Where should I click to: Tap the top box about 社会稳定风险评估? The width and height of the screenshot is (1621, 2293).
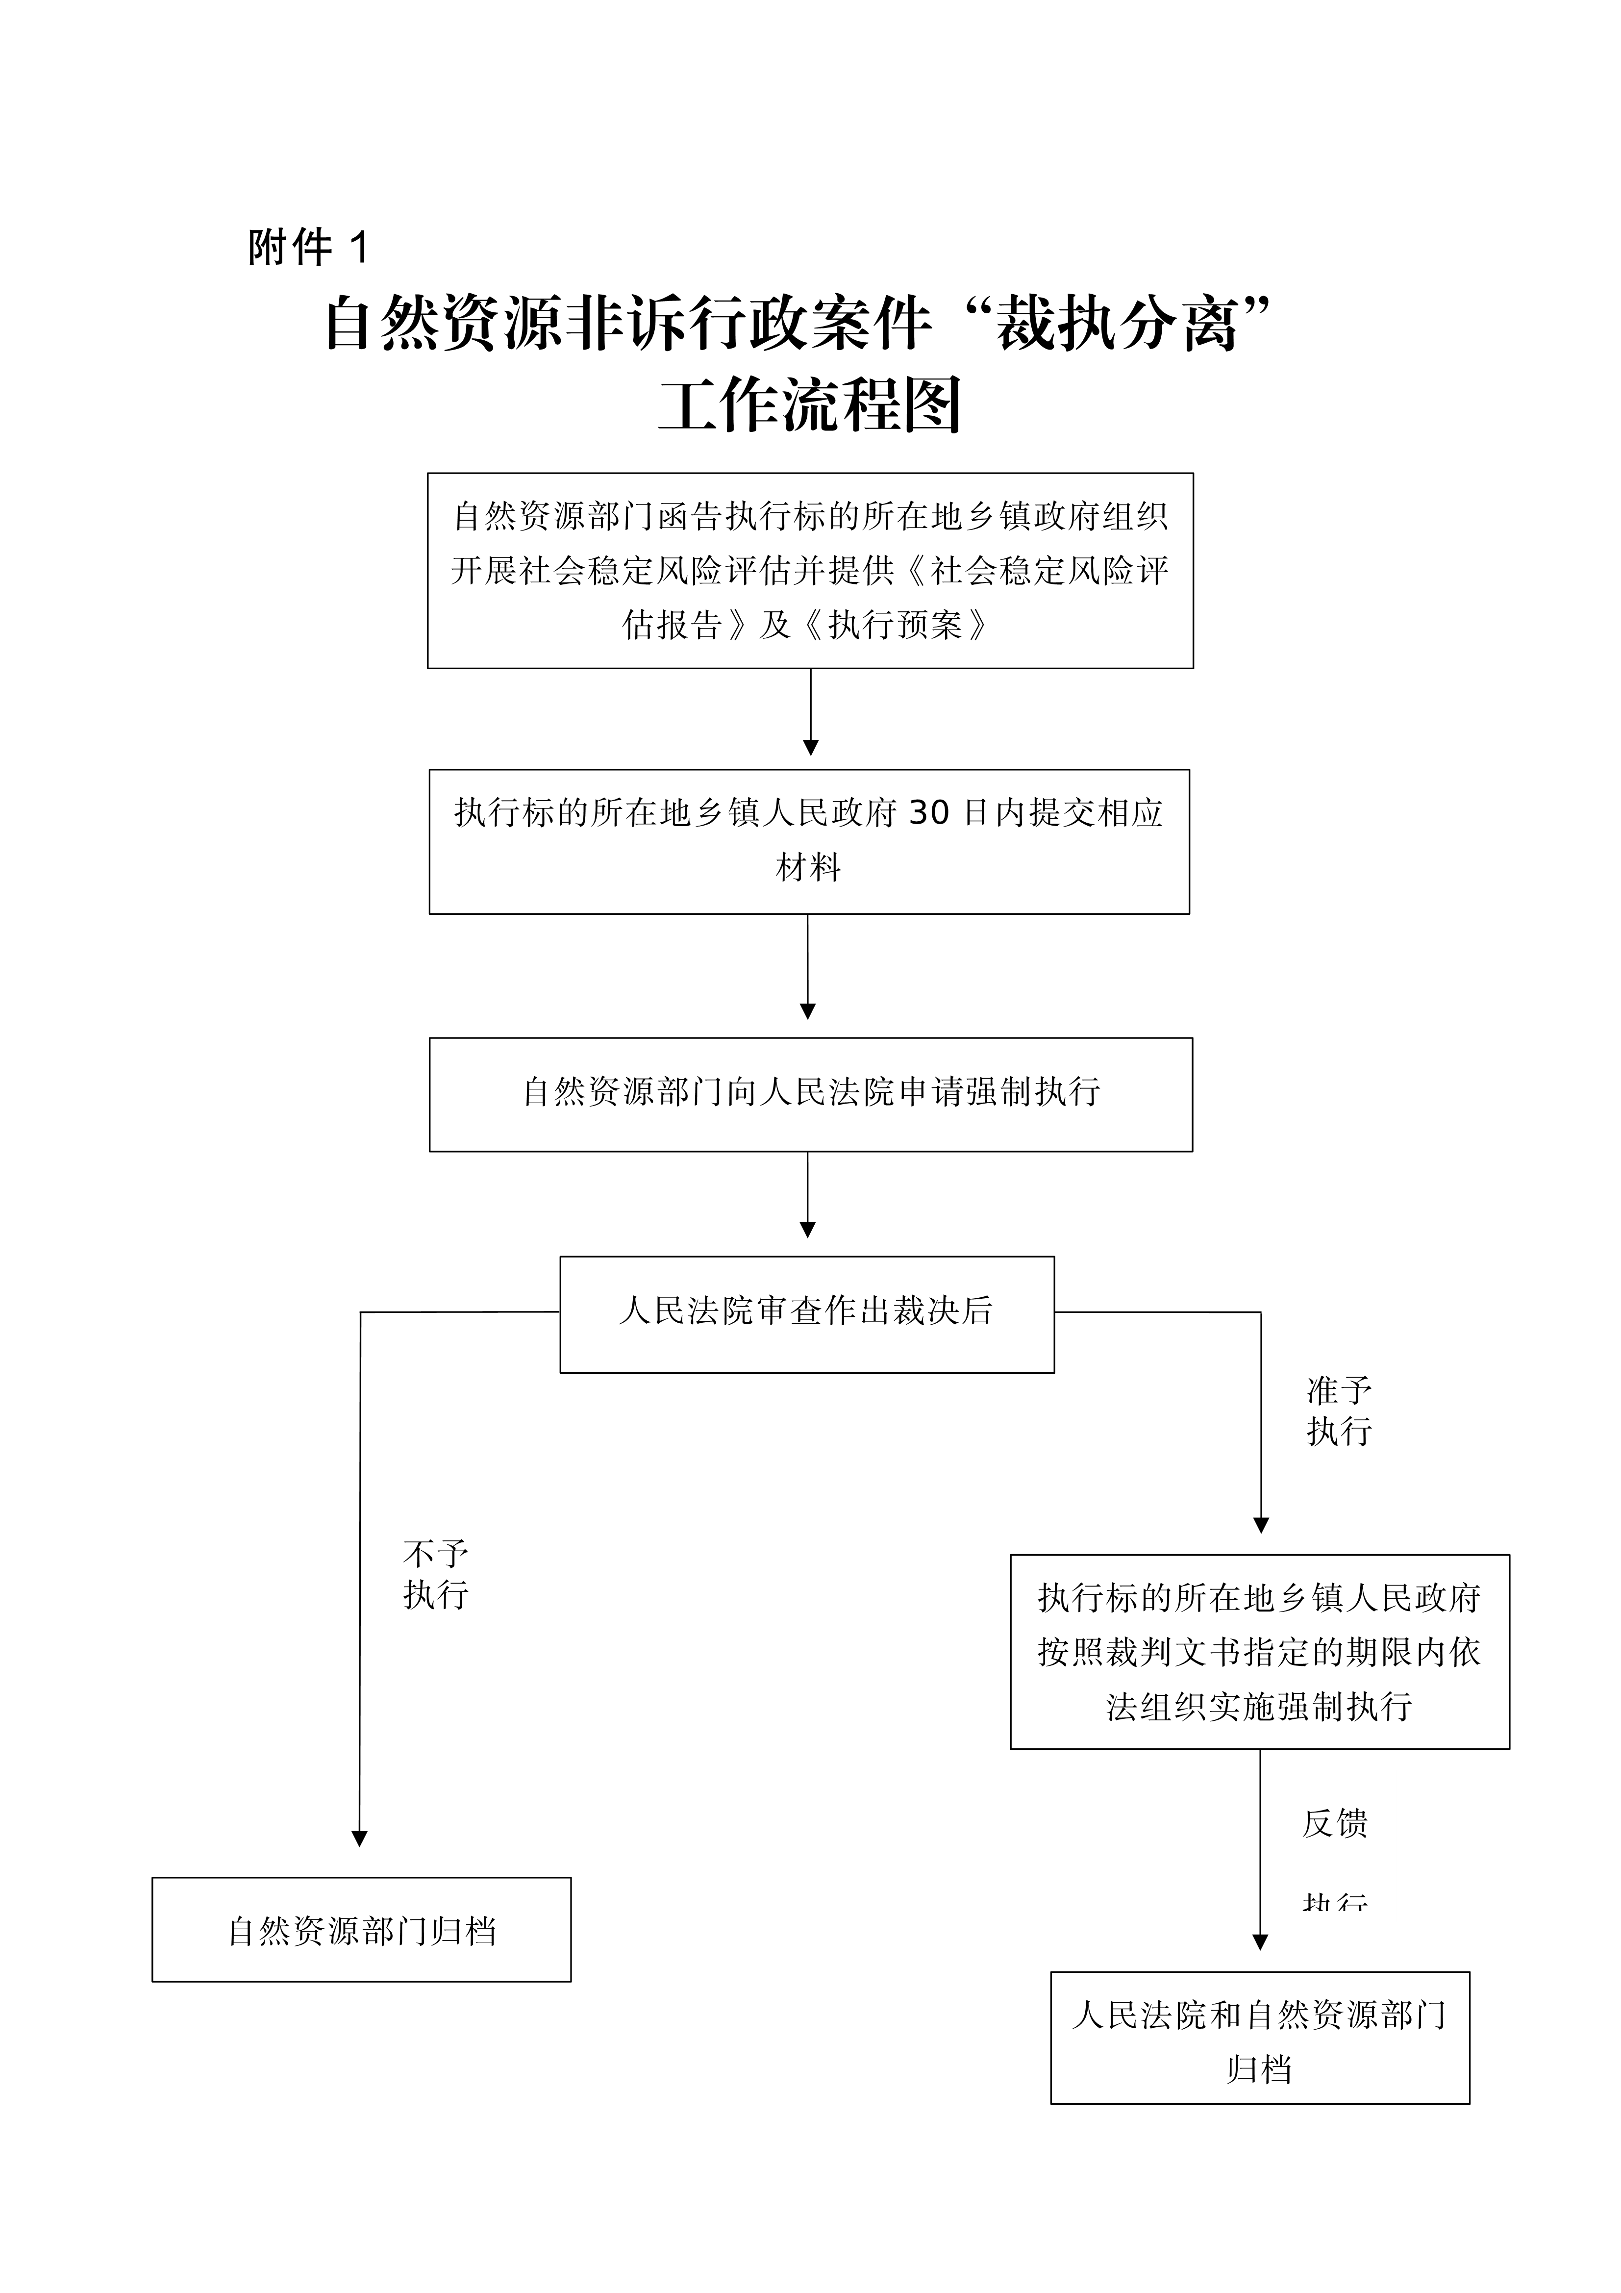pos(810,570)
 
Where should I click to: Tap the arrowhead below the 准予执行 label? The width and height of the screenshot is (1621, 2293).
pos(1260,1526)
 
